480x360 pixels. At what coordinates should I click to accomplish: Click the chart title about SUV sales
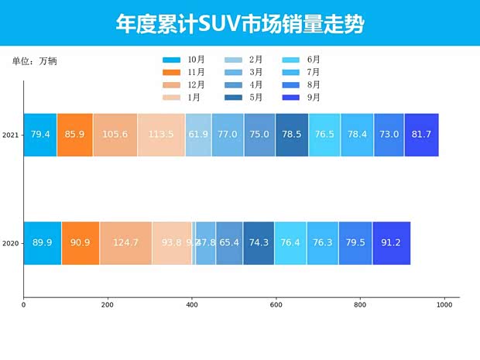point(240,24)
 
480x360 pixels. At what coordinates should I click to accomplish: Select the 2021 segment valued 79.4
point(40,135)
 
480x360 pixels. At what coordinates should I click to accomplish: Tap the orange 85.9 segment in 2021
point(75,135)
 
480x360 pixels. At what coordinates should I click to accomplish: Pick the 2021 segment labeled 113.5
point(161,135)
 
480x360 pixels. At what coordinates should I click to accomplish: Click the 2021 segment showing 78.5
point(292,135)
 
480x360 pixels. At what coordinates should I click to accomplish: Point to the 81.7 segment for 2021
point(421,135)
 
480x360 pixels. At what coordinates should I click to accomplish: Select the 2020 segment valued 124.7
point(125,243)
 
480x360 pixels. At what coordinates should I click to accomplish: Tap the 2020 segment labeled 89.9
point(43,243)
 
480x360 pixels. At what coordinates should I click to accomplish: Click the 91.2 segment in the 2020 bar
point(392,243)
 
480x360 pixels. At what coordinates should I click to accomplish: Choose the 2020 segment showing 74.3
point(259,243)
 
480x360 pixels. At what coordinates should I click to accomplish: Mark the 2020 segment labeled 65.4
point(229,243)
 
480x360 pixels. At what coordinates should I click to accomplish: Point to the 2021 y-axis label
point(11,135)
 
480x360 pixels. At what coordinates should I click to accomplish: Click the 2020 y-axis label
point(11,244)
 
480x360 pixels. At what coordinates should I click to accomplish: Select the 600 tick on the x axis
point(276,305)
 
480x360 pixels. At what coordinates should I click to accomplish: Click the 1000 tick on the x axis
point(444,305)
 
